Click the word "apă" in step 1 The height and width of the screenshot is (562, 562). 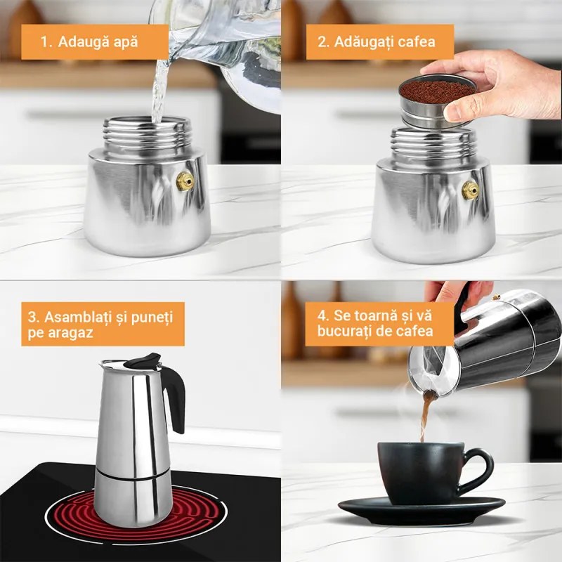coord(124,41)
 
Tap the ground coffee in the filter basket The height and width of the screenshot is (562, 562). coord(436,91)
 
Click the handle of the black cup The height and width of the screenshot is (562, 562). coord(481,466)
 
